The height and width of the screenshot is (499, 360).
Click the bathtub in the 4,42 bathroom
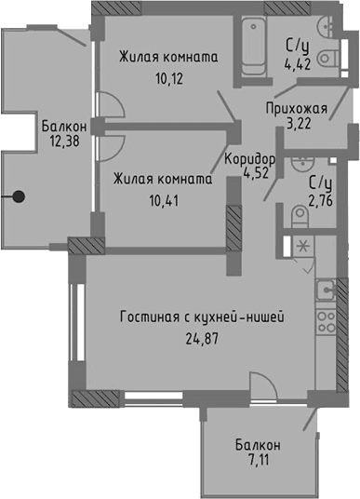tap(251, 46)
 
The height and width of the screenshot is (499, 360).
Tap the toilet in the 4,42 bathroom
tap(327, 59)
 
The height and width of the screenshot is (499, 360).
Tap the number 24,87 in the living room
tap(201, 338)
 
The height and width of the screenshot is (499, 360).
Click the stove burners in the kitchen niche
tap(326, 322)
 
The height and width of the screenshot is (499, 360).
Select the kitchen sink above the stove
tap(325, 290)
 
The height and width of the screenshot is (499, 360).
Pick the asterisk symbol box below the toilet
tap(302, 246)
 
